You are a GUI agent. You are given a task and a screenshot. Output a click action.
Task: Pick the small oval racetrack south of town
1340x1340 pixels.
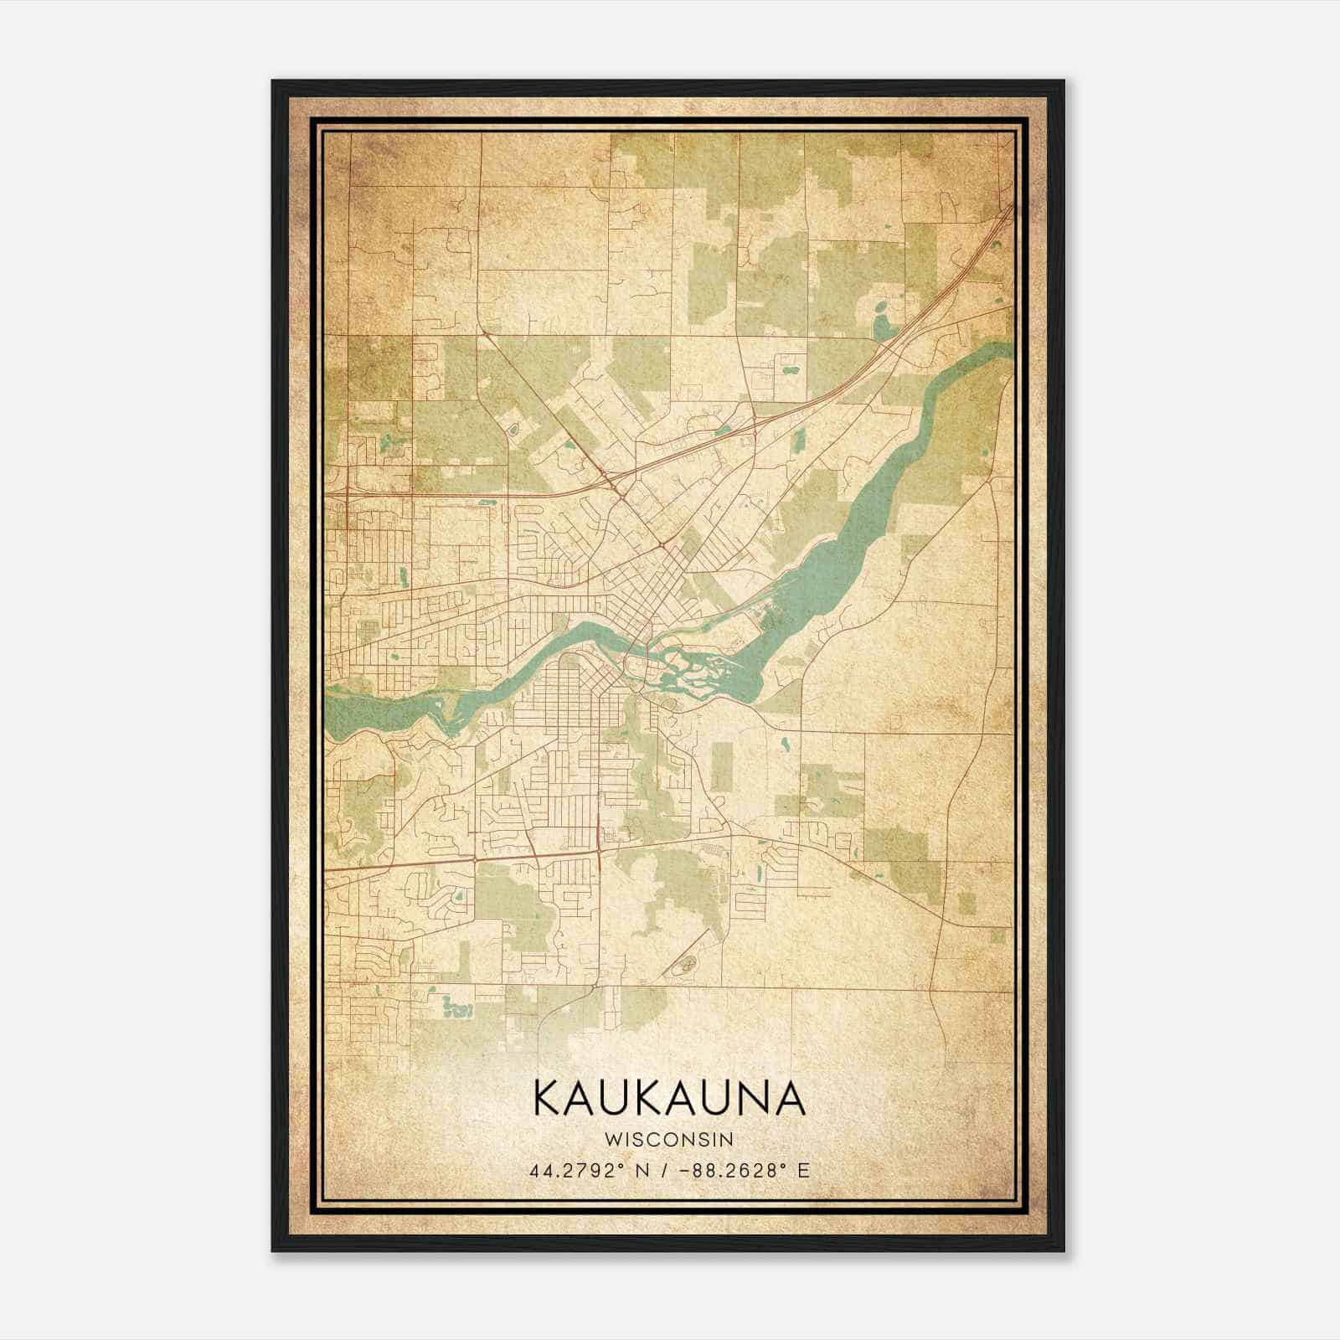click(x=688, y=966)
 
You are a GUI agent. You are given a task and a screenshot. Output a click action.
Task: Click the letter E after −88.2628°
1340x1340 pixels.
click(x=803, y=1171)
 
